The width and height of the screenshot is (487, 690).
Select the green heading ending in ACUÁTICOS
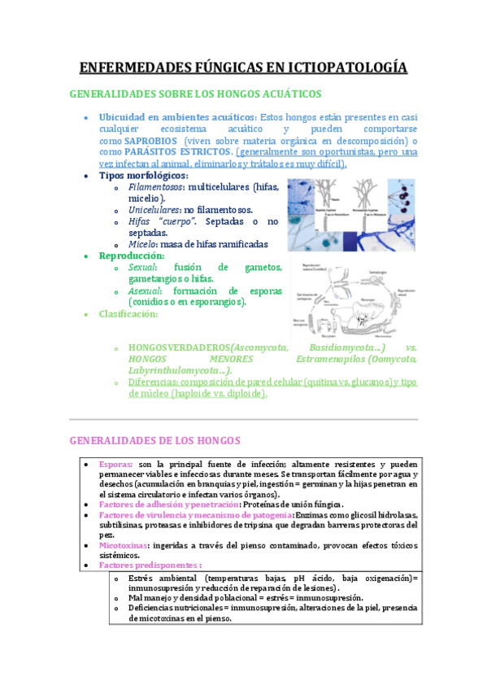click(x=196, y=94)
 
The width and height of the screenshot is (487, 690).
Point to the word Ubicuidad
click(x=123, y=117)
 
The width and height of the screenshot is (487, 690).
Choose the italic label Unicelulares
click(x=154, y=210)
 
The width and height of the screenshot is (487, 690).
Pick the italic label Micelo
click(x=142, y=244)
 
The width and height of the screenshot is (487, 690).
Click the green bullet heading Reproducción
click(x=131, y=255)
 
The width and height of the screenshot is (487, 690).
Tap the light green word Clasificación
click(x=128, y=314)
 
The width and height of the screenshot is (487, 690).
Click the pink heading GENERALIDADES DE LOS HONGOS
click(x=155, y=440)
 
